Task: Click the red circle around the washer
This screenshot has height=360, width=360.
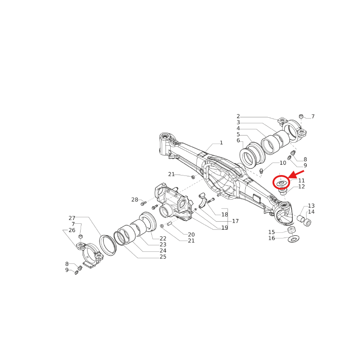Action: [x=281, y=183]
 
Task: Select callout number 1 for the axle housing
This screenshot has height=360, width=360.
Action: [x=221, y=143]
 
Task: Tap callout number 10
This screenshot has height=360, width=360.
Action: [x=283, y=163]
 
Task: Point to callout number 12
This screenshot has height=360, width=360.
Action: [x=301, y=187]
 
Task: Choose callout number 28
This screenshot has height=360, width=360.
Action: [x=135, y=200]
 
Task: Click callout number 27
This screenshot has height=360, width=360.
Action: [x=72, y=218]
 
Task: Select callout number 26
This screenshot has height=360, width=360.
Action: [x=72, y=230]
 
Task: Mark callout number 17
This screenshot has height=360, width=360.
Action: [x=235, y=221]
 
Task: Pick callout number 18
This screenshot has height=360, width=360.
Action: [x=225, y=214]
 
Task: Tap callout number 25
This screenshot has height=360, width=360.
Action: [x=163, y=257]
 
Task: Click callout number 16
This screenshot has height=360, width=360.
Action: [x=272, y=238]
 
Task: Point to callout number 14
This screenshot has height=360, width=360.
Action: [x=311, y=212]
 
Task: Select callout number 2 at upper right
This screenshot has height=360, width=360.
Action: [x=238, y=116]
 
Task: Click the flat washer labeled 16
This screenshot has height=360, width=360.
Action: [x=294, y=238]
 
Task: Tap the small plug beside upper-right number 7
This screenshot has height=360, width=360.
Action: [x=301, y=116]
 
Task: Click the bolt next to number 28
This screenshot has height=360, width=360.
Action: [x=144, y=203]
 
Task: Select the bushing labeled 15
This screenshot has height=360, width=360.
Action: [x=291, y=229]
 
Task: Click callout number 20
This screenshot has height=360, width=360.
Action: [x=191, y=235]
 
